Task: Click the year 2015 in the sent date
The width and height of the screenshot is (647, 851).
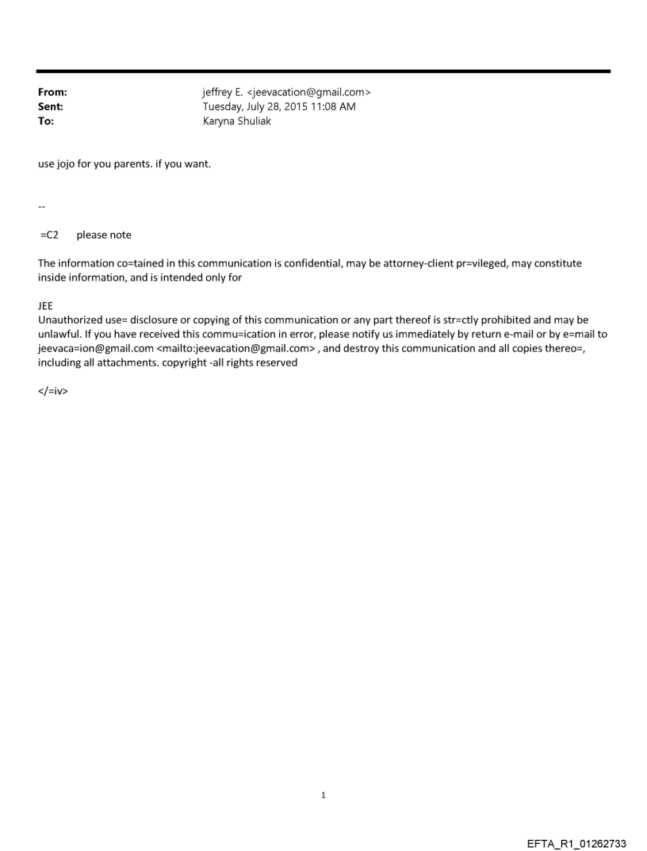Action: [x=293, y=107]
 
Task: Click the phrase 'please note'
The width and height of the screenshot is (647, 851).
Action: [x=104, y=235]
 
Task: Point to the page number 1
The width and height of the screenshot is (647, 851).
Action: [x=323, y=795]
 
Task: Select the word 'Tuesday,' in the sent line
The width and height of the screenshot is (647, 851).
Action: [x=225, y=107]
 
